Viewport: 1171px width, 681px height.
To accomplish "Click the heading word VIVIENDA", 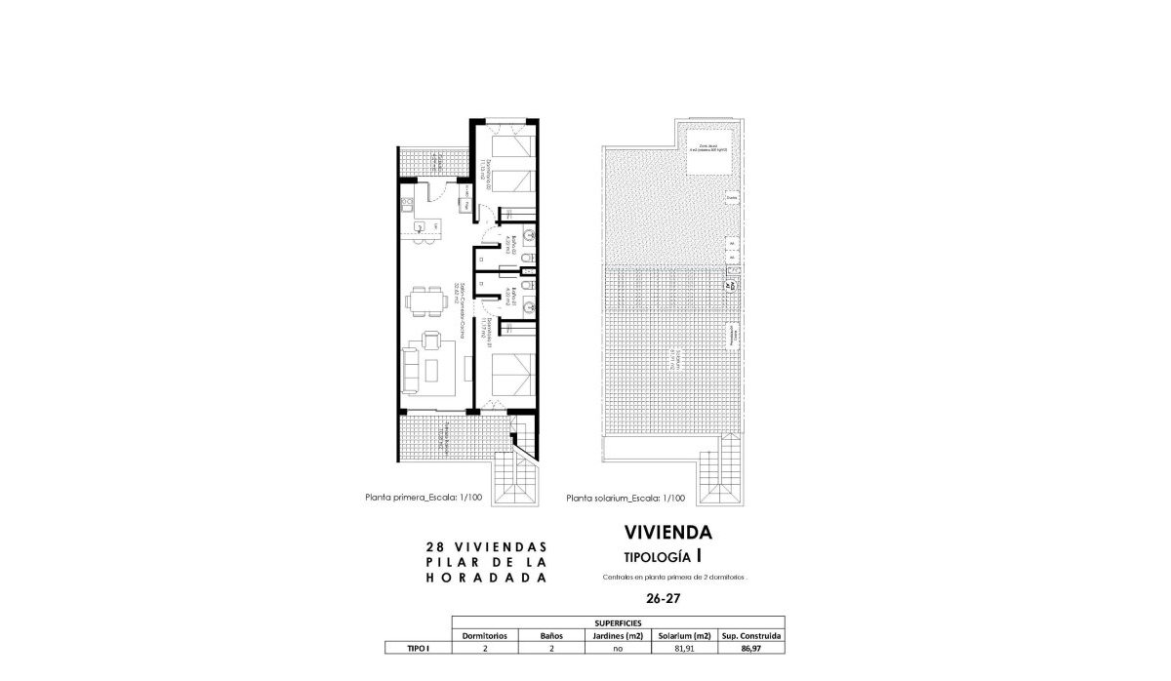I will point(667,533).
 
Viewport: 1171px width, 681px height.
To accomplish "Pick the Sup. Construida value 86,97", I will point(751,647).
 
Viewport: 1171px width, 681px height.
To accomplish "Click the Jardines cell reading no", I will point(619,647).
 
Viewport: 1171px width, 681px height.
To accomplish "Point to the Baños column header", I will point(552,635).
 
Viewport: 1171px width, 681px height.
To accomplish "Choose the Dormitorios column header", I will point(485,635).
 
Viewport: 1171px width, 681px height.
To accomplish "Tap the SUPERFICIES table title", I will point(618,622).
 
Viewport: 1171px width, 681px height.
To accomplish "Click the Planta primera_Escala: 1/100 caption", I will point(424,498).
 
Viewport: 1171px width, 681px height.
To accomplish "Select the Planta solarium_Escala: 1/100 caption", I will point(626,498).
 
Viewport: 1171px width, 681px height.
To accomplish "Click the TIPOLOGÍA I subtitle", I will point(664,556).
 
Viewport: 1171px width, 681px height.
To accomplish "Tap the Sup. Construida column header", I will point(751,635).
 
